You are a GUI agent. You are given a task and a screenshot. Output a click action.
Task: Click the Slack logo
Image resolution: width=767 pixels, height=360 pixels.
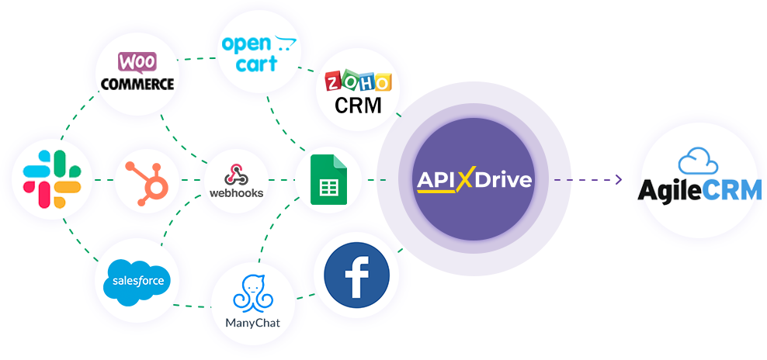(52, 179)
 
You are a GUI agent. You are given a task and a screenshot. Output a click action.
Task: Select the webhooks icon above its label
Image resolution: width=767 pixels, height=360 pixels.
(236, 175)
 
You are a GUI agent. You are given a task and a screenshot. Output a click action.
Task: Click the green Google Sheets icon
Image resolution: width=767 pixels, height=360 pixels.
(328, 179)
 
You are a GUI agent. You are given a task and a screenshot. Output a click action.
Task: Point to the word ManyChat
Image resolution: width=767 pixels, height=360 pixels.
(253, 323)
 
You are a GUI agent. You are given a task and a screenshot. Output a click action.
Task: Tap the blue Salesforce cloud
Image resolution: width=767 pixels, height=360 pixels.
(137, 282)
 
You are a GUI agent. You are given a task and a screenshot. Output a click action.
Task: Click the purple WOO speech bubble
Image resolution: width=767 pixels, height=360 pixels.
(137, 63)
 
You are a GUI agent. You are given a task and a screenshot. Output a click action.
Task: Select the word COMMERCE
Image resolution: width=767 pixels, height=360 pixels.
(137, 83)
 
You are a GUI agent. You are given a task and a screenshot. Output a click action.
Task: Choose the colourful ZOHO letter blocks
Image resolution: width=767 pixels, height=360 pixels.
(359, 81)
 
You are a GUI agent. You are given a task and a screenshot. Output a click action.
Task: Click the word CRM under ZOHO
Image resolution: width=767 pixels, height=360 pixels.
(358, 106)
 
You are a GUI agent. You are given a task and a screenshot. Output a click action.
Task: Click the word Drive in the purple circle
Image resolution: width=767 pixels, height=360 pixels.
(503, 180)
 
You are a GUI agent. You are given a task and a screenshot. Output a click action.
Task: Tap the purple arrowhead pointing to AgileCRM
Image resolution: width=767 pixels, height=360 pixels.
(619, 179)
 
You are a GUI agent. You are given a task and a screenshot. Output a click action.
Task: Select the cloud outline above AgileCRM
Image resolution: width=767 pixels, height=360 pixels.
(698, 161)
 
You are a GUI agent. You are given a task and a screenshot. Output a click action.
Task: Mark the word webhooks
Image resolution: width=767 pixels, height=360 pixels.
(236, 192)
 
